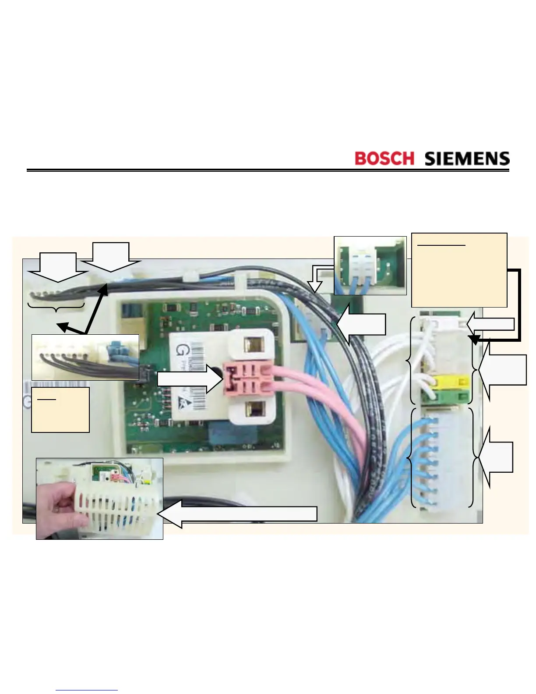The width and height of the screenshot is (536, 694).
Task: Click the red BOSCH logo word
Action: click(x=384, y=158)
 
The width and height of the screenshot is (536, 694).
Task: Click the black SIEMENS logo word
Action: click(x=467, y=158)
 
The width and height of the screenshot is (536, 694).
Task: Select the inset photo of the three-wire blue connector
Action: click(x=370, y=266)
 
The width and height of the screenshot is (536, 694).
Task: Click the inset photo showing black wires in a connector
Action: click(x=85, y=357)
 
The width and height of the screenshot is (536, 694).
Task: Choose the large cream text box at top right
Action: click(x=459, y=270)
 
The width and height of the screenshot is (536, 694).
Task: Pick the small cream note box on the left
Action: click(x=60, y=410)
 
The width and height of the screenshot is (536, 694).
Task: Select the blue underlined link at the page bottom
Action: click(x=87, y=690)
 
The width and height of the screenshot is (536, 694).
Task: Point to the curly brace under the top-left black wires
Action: click(x=56, y=307)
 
